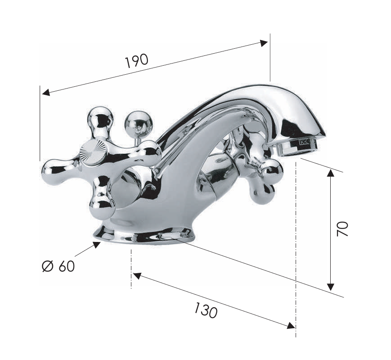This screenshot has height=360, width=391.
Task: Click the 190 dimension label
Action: click(137, 61)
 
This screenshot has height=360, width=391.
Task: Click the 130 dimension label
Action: click(206, 310)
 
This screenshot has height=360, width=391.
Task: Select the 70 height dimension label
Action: click(342, 229)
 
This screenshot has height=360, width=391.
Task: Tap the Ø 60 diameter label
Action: click(59, 266)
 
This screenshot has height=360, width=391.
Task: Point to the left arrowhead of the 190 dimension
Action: click(46, 93)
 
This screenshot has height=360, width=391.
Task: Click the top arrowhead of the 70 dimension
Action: click(330, 173)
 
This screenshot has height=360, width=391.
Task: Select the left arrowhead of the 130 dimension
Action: click(137, 275)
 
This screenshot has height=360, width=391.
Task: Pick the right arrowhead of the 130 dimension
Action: click(291, 325)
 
